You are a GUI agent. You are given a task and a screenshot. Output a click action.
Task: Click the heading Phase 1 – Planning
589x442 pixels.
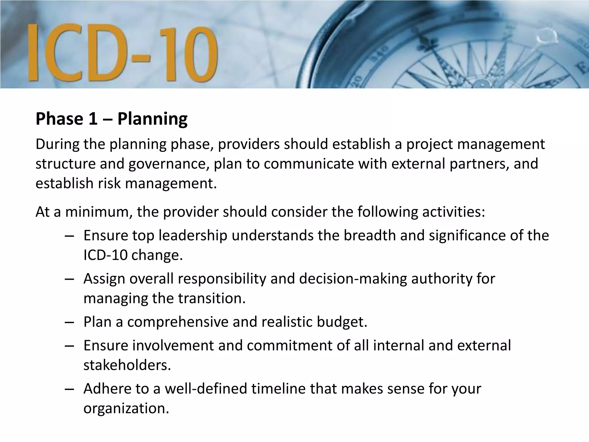click(112, 119)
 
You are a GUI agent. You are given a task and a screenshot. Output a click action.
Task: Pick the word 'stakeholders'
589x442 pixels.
click(127, 365)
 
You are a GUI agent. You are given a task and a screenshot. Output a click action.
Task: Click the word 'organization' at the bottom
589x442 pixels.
click(126, 408)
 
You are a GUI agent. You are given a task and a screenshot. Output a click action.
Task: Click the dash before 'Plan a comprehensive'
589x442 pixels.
click(69, 322)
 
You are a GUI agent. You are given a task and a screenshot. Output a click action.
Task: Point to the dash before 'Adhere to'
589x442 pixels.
click(69, 389)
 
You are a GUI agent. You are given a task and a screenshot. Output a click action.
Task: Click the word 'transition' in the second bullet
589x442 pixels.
click(211, 298)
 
